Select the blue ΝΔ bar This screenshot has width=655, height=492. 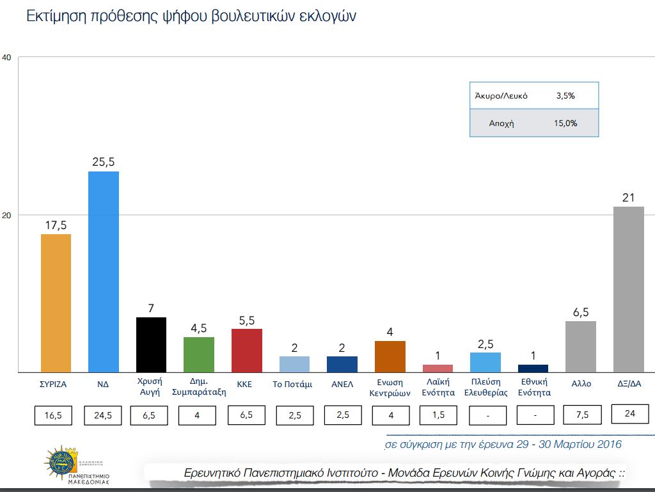pos(103,271)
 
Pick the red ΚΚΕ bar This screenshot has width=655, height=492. pos(246,350)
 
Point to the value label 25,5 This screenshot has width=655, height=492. pos(103,162)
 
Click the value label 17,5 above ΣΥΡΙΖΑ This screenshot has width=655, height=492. pos(56,225)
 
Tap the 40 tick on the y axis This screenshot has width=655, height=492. pos(7,58)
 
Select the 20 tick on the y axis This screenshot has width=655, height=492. pos(7,215)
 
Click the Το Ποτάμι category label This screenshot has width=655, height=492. pos(292,385)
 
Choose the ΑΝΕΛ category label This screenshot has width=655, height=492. pos(342,385)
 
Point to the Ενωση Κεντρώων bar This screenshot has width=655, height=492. pos(390,356)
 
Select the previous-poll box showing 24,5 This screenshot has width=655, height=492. pos(103,415)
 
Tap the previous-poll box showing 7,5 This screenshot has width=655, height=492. pos(581,415)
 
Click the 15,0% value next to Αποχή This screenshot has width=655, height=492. pos(565,123)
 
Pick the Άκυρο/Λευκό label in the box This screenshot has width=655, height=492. pos(501,96)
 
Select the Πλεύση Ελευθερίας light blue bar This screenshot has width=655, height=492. pos(485,362)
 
